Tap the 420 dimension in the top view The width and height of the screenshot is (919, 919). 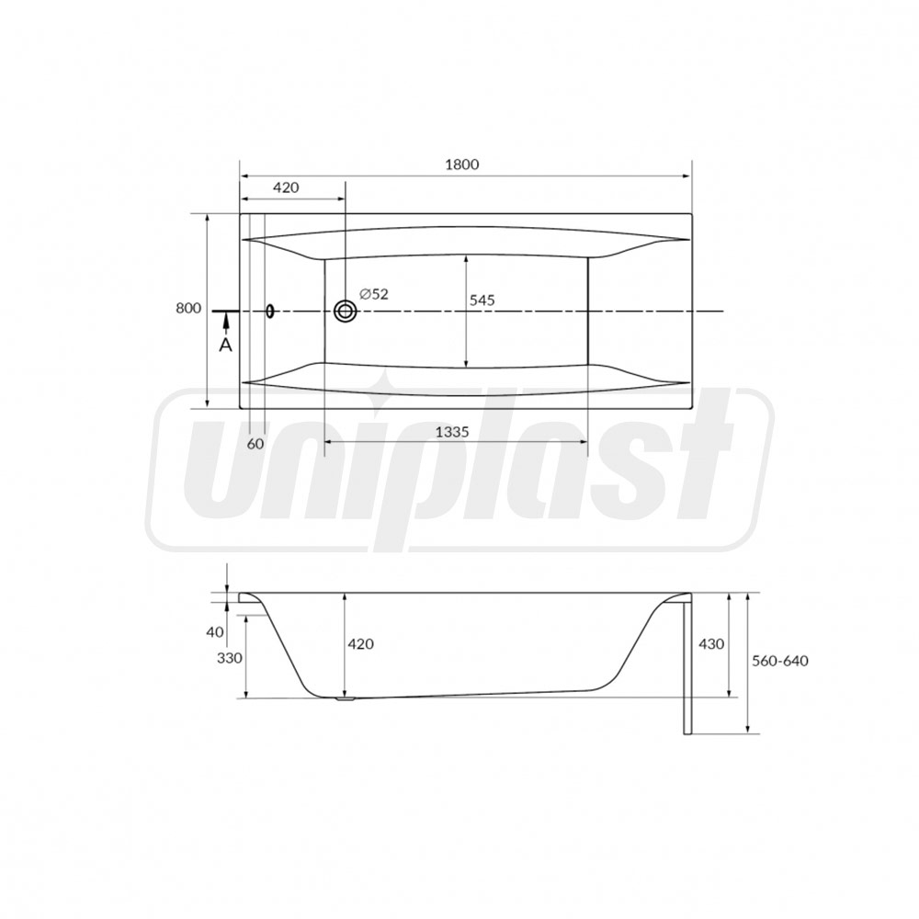click(286, 187)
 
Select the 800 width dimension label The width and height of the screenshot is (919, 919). click(187, 309)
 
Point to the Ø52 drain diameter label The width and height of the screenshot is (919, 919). click(374, 294)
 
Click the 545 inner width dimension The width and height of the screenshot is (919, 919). click(482, 300)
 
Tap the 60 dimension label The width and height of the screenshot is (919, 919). click(255, 443)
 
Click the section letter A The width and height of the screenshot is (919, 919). click(226, 345)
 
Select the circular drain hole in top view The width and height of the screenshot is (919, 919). click(346, 312)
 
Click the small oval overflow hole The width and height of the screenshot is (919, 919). click(270, 311)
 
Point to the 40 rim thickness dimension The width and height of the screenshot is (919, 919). click(215, 632)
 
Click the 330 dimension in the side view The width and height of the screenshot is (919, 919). click(229, 658)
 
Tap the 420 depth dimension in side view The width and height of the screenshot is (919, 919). click(360, 644)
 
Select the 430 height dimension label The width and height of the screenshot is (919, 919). click(712, 644)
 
